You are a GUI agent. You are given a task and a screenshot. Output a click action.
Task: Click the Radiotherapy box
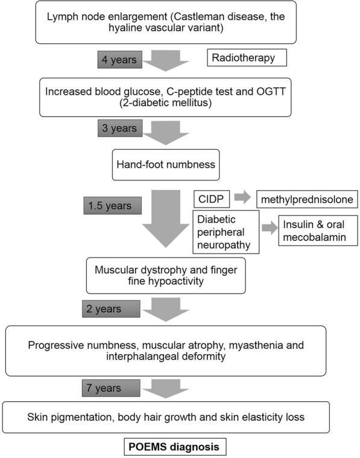click(x=245, y=58)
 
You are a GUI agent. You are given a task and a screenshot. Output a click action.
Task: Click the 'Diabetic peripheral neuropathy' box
click(x=225, y=231)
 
